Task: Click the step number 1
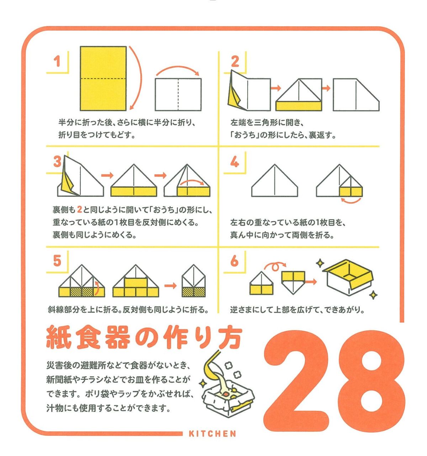pos(57,61)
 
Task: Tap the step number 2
pos(235,61)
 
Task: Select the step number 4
pos(234,162)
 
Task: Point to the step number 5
pos(57,261)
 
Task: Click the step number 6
pos(234,261)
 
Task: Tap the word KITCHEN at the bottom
pos(212,434)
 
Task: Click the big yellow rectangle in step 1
pos(103,79)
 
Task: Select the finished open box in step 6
pos(348,277)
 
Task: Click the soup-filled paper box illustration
pos(228,397)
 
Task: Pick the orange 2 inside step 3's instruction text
pos(79,209)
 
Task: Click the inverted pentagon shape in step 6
pos(293,283)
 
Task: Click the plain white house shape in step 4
pos(275,180)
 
